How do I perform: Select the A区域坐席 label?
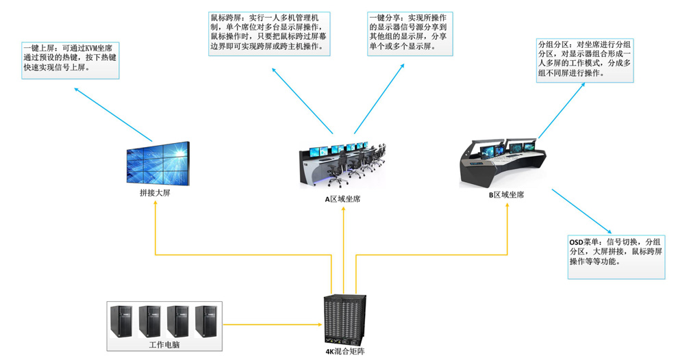[342, 198]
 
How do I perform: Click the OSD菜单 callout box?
[616, 256]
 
